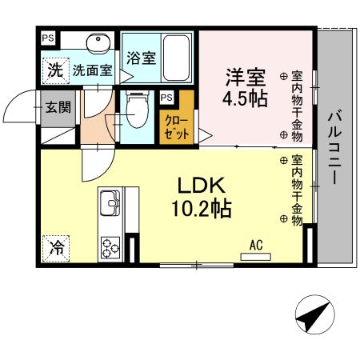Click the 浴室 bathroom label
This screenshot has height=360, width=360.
coord(141,58)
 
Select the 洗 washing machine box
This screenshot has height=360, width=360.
coord(54,70)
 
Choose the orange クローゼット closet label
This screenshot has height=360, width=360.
coord(177,127)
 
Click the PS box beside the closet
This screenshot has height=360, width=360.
coord(166,98)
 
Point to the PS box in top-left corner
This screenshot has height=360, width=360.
coord(49,38)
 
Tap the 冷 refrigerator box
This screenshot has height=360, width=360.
coord(55,247)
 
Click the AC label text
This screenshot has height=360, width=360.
coord(256,245)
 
